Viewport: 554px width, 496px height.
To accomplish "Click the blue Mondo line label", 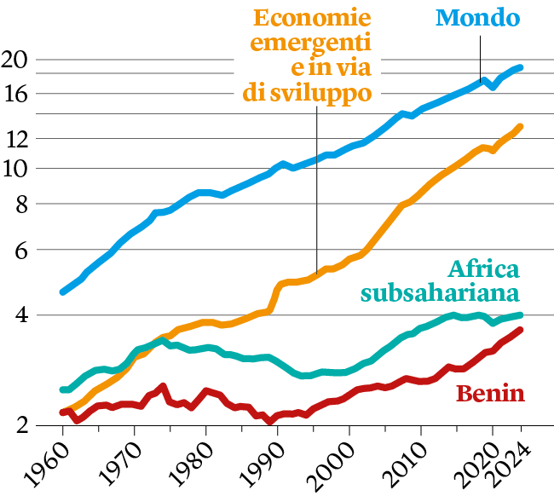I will coord(479,17).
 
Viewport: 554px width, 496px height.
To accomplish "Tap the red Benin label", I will coord(490,393).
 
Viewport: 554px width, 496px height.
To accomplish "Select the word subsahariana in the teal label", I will coord(440,294).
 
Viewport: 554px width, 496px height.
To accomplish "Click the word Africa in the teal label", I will coord(483,269).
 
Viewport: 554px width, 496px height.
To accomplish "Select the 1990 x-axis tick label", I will coord(260,464).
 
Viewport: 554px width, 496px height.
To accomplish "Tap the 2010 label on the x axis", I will coord(403,464).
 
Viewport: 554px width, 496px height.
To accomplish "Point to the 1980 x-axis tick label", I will coord(188,464).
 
